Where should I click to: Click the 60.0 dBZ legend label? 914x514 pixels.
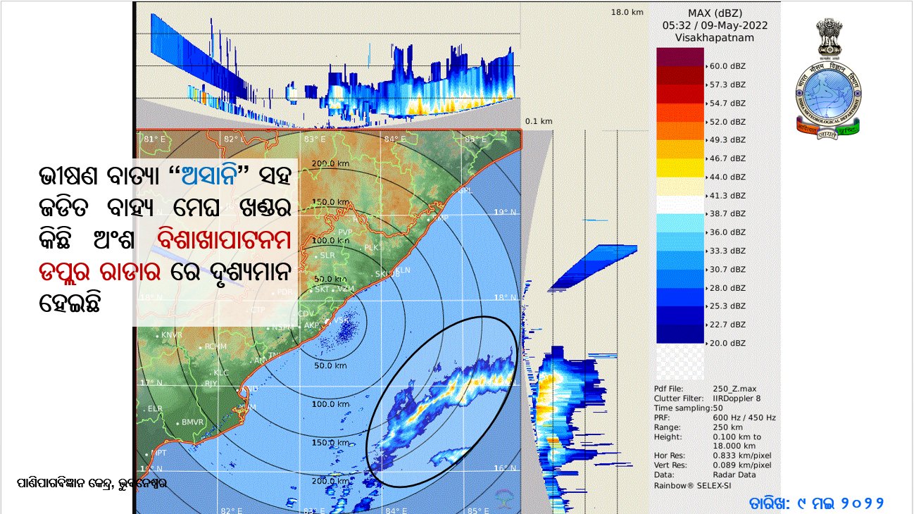tap(727, 66)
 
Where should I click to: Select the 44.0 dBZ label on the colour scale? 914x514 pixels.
tap(727, 177)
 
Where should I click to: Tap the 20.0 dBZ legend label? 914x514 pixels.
tap(727, 343)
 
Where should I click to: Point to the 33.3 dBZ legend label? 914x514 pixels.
tap(727, 251)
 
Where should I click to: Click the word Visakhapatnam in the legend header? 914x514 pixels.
tap(715, 37)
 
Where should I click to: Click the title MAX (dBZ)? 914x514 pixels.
tap(715, 12)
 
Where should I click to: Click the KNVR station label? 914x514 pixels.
tap(171, 335)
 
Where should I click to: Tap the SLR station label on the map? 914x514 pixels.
tap(327, 256)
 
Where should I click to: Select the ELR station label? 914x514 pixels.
tap(155, 408)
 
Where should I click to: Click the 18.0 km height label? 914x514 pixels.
tap(627, 12)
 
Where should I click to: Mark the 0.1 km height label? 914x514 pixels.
tap(539, 121)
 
